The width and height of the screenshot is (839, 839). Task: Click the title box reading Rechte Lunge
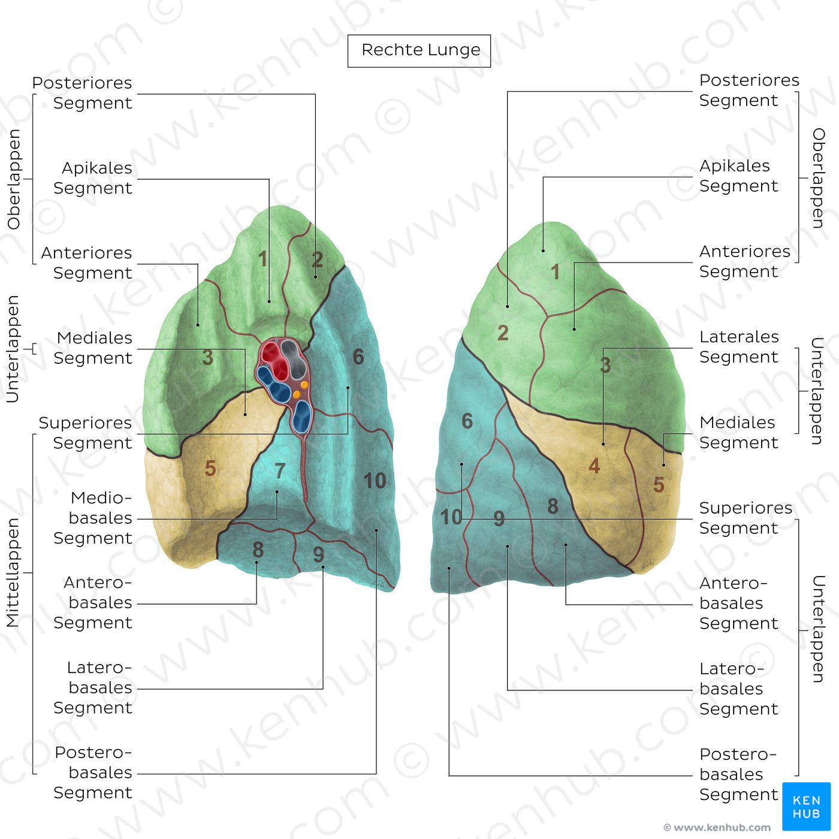(419, 50)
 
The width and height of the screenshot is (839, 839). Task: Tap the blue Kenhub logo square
(806, 806)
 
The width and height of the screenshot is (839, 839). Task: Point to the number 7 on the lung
(280, 471)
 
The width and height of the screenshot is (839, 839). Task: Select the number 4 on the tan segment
(594, 466)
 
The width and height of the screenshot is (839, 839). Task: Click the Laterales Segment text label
(739, 347)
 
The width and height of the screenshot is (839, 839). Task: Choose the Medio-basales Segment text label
(96, 518)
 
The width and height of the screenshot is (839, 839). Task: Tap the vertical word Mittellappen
(13, 572)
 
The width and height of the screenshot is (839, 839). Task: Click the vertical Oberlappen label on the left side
(13, 179)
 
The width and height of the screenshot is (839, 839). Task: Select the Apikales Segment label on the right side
(738, 176)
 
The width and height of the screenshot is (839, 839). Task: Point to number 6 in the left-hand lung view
(358, 357)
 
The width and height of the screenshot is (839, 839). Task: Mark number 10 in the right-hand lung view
(451, 517)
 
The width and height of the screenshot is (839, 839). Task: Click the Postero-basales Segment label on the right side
(738, 774)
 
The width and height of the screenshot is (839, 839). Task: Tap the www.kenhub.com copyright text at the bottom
(717, 828)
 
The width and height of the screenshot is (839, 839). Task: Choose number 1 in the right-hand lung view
(556, 272)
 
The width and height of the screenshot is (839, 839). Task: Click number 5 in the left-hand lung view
(210, 468)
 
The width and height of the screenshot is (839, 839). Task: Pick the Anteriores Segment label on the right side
(744, 261)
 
